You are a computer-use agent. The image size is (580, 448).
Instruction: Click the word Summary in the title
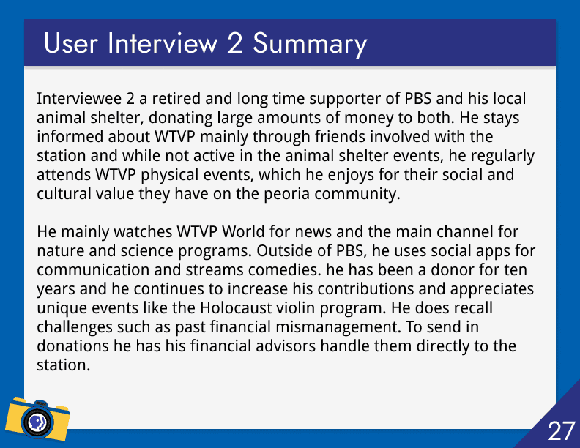(310, 45)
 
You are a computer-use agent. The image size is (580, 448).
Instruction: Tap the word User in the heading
(71, 43)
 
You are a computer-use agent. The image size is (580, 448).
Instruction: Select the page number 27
(561, 431)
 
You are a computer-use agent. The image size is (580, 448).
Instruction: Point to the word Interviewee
(79, 99)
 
